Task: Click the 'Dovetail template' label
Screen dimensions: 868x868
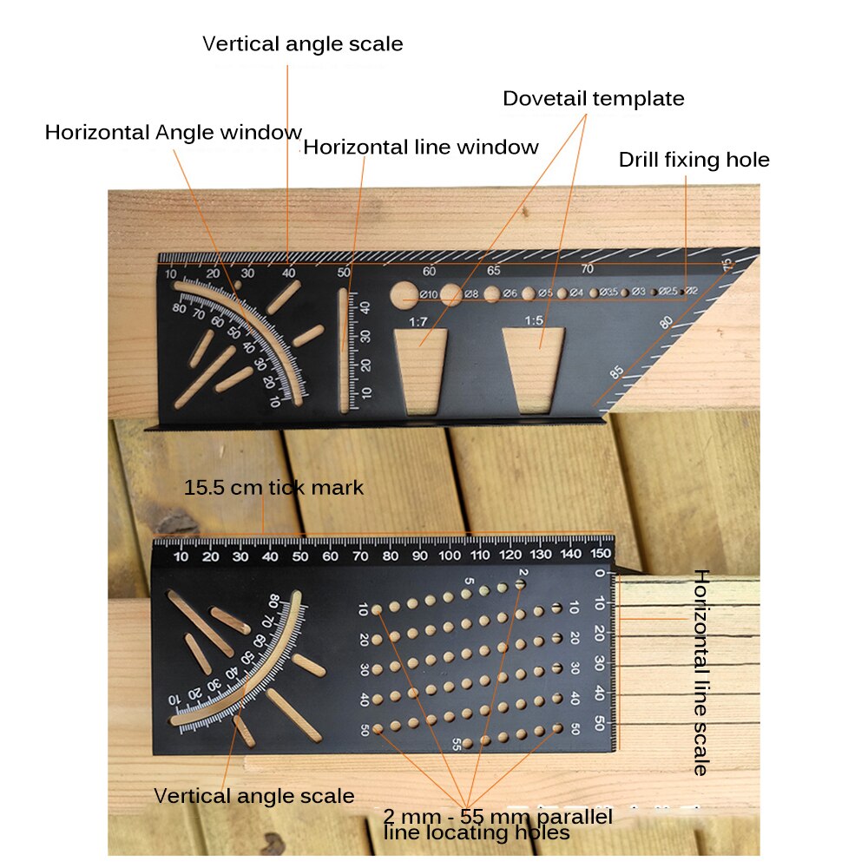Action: tap(593, 99)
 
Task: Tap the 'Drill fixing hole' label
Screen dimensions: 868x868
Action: tap(694, 160)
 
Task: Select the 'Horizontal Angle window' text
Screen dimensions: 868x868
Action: tap(174, 133)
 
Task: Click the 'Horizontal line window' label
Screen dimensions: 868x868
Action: tap(421, 148)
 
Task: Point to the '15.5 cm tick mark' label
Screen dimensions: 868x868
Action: tap(273, 488)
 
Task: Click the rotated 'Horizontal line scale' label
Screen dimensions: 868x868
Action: tap(700, 673)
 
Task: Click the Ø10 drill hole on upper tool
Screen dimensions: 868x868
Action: tap(403, 293)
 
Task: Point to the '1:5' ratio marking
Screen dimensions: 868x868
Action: tap(533, 321)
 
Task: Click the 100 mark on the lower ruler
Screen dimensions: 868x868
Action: tap(450, 556)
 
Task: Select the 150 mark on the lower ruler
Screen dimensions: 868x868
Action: tap(600, 556)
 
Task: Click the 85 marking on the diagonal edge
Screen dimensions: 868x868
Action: tap(617, 372)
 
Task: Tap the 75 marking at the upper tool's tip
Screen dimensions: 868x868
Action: tap(727, 264)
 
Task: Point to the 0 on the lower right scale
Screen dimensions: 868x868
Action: tap(599, 574)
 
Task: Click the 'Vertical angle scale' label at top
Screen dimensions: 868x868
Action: tap(303, 44)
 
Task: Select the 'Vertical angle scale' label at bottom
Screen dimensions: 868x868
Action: tap(254, 796)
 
